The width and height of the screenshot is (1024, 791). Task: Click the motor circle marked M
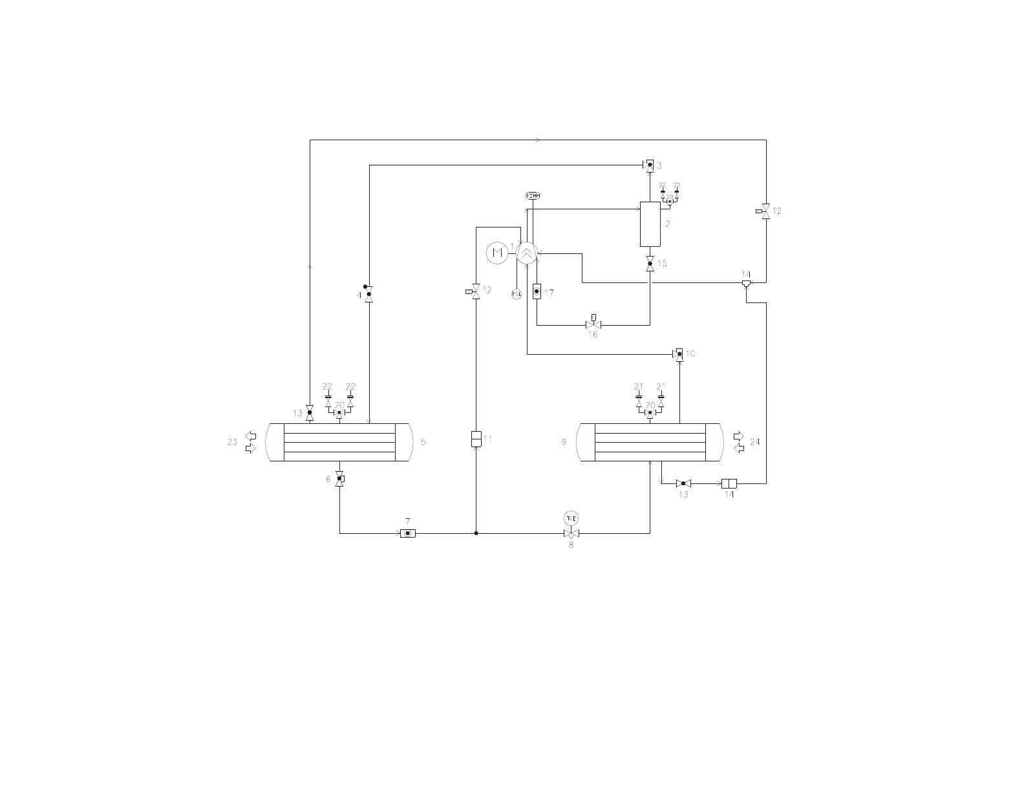coord(497,253)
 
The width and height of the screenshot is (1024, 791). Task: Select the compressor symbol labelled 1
coord(528,253)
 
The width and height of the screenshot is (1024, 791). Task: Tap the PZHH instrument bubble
coord(532,195)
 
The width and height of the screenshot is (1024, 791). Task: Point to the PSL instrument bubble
coord(517,294)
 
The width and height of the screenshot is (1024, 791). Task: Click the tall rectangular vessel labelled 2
coord(650,224)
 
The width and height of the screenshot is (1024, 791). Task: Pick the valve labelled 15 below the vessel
coord(650,263)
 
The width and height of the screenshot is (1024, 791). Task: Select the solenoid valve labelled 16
coord(593,324)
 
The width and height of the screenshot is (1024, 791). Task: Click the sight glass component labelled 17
coord(537,292)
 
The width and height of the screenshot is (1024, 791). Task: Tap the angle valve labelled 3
coord(649,165)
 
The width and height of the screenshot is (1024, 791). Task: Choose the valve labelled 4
coord(368,295)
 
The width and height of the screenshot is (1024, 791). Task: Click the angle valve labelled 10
coord(678,354)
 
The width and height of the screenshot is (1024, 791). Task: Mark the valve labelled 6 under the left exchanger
coord(340,478)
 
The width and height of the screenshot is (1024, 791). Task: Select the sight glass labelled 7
coord(407,533)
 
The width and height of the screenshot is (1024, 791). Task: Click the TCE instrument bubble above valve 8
coord(571,518)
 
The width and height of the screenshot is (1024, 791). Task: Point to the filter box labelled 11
coord(476,439)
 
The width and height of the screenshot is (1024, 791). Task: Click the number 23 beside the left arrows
coord(232,442)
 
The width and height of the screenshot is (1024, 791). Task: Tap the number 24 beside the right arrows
coord(754,442)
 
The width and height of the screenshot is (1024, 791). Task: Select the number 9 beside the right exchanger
coord(564,442)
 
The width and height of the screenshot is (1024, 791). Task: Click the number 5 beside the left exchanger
coord(423,442)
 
